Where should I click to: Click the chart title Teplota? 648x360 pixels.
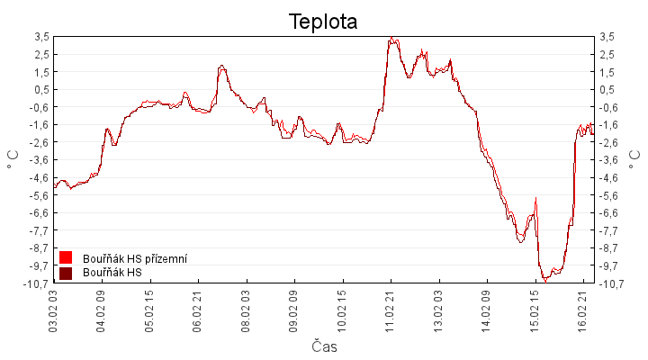[323, 21]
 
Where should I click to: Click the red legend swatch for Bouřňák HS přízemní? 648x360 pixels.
[65, 258]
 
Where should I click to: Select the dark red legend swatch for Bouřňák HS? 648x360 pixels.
[65, 273]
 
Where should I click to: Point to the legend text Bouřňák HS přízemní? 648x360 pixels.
[134, 258]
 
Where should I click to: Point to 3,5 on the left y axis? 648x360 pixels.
[41, 36]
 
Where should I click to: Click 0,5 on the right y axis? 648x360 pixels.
[607, 89]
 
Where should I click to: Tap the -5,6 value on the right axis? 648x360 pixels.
[609, 195]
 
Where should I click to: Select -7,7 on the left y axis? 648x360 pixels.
[39, 230]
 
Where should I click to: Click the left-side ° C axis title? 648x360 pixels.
[13, 160]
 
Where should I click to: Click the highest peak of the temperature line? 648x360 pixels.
[391, 38]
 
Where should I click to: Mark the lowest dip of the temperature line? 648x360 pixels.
[545, 282]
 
